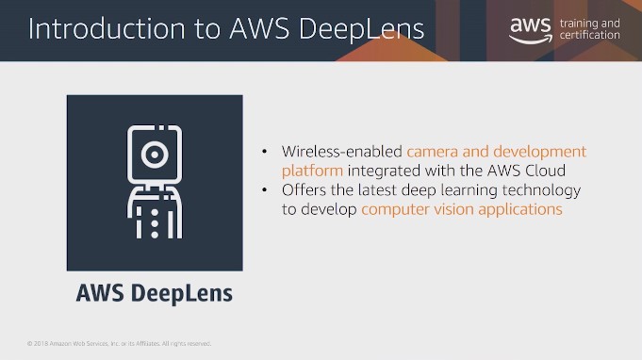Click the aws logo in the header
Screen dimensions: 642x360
tap(530, 29)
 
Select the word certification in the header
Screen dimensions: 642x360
tap(591, 36)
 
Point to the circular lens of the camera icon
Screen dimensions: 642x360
tap(154, 152)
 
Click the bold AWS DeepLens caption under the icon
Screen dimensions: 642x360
tap(154, 293)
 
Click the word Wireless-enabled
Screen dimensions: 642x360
tap(342, 152)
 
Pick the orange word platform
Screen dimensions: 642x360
tap(312, 171)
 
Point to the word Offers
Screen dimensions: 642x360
tap(305, 190)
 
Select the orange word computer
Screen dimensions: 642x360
tap(394, 209)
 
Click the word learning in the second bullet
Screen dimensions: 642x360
tap(468, 190)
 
